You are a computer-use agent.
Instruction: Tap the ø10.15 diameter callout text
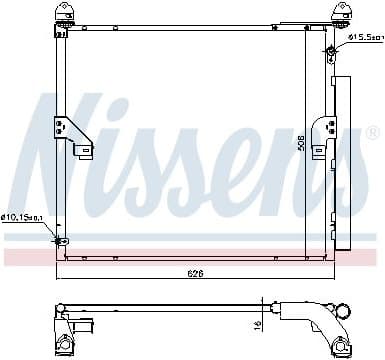[x=22, y=217]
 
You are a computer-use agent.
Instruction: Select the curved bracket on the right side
[x=322, y=133]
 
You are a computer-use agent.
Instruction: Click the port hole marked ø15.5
[x=331, y=50]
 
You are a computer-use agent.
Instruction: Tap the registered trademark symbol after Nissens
[x=372, y=132]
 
